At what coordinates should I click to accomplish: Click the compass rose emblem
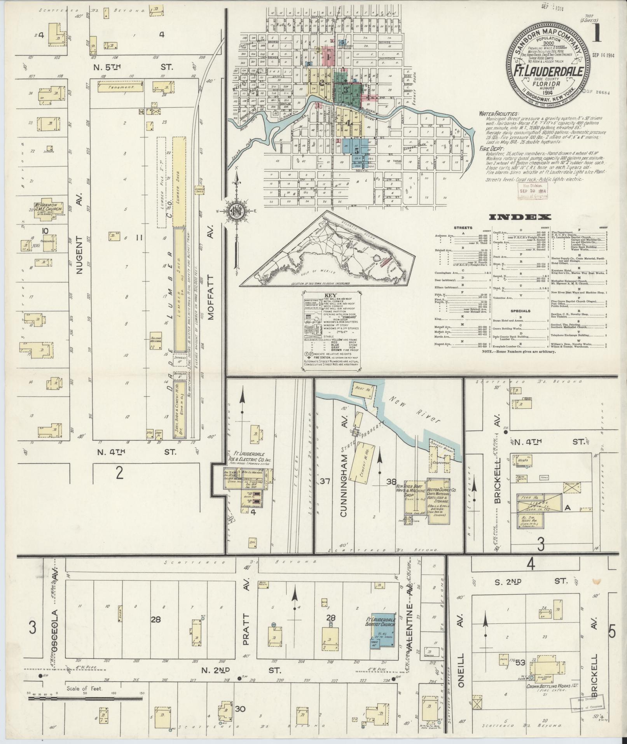point(236,211)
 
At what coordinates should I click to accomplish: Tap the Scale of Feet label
point(84,688)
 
